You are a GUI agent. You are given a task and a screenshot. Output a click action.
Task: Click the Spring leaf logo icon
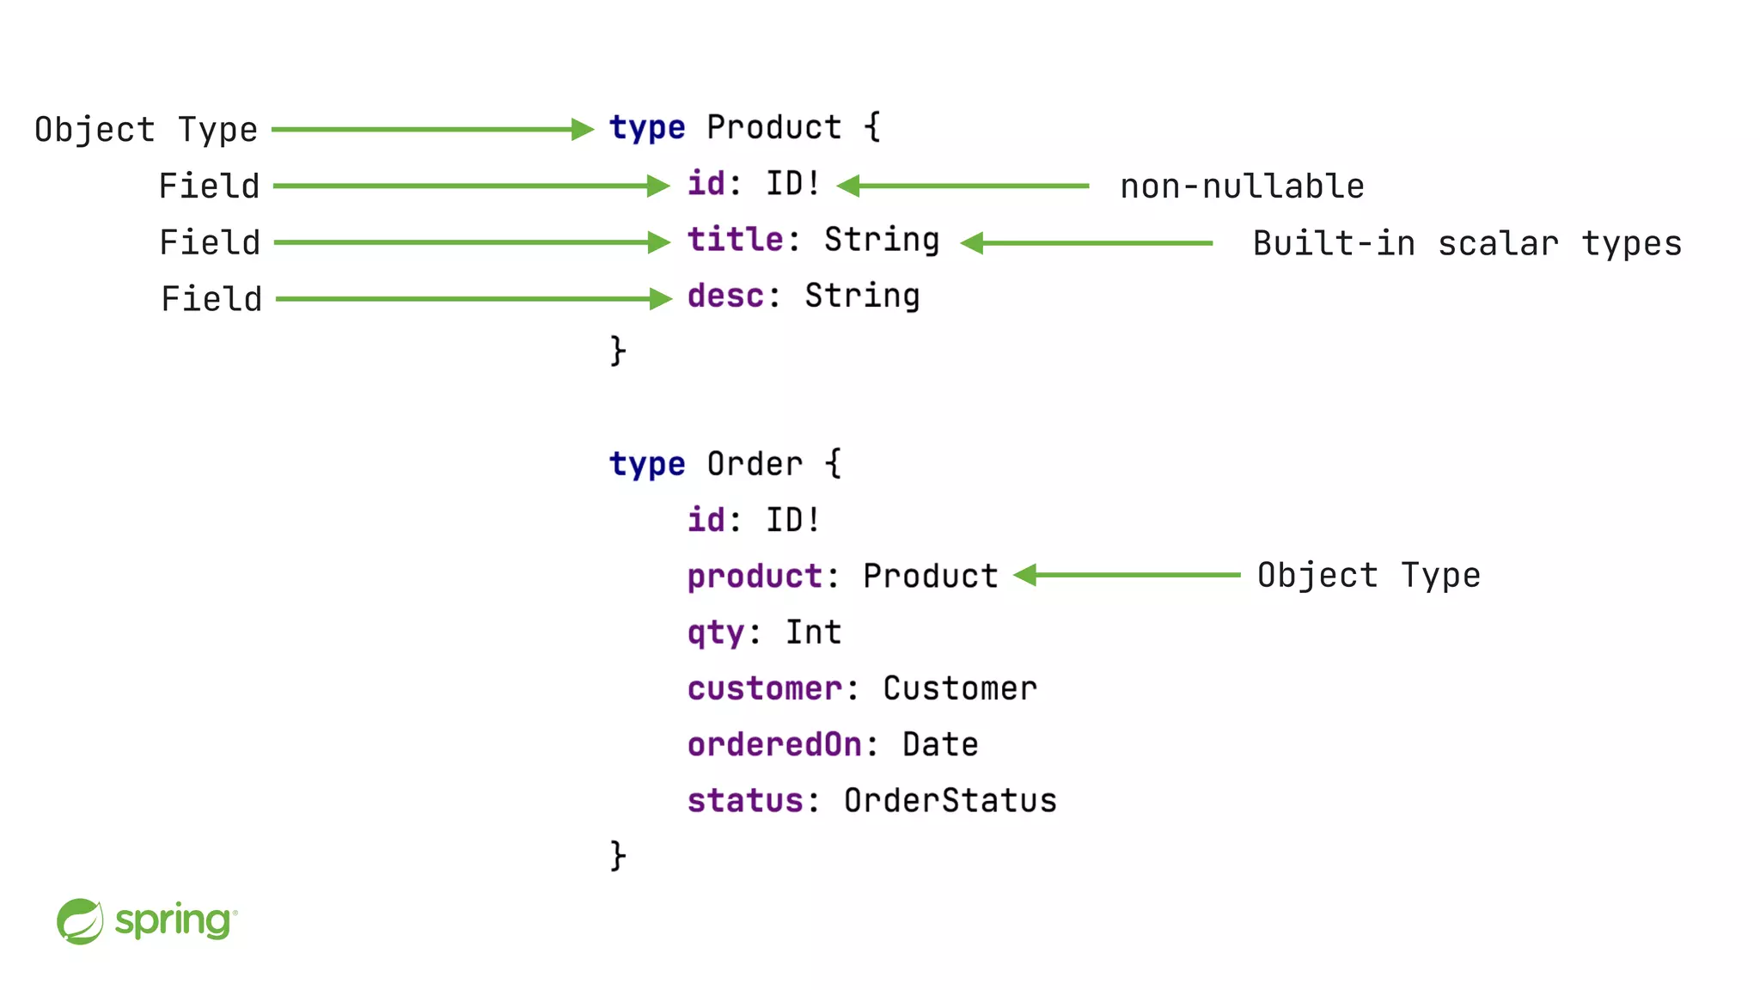coord(80,921)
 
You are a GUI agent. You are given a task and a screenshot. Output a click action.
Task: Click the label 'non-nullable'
coord(1242,186)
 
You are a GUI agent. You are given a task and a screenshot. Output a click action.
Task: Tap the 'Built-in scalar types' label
coord(1466,244)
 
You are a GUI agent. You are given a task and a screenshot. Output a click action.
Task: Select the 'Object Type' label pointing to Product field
coord(1368,575)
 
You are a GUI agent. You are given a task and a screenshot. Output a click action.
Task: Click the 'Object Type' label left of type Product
coord(146,130)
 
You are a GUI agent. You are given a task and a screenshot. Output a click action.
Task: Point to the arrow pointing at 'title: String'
coord(471,242)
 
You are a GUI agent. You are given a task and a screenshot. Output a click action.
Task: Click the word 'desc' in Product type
coord(725,296)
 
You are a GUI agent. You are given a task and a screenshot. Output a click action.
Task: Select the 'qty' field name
coord(715,633)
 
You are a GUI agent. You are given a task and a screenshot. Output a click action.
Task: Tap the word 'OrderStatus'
coord(950,801)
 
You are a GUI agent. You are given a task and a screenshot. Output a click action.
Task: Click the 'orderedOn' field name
coord(774,745)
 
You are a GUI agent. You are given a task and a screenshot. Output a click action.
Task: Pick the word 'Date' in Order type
coord(940,745)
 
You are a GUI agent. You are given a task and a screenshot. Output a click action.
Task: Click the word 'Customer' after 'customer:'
coord(960,689)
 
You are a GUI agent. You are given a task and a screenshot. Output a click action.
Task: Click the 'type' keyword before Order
coord(646,465)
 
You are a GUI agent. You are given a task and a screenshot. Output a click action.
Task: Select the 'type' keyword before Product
coord(646,128)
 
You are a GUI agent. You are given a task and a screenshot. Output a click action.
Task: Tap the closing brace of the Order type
coord(618,856)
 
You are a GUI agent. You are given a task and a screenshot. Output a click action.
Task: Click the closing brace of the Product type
coord(618,351)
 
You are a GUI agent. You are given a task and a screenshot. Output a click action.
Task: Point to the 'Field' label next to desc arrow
coord(211,299)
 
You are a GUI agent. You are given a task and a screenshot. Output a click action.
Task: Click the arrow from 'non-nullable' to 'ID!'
coord(962,186)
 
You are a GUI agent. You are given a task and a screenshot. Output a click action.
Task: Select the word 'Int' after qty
coord(813,633)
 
